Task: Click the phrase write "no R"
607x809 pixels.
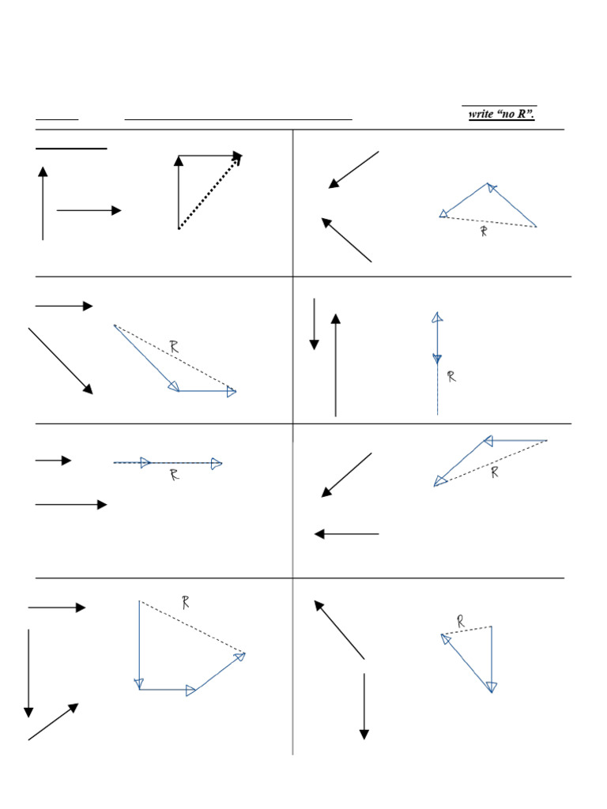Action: [x=501, y=115]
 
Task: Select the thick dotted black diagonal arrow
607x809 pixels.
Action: [x=209, y=192]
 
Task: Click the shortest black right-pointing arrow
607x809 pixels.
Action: [x=53, y=461]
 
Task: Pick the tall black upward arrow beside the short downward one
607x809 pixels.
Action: [x=336, y=365]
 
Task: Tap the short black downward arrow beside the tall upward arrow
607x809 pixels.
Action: [x=315, y=324]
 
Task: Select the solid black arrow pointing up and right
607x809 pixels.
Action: [x=53, y=722]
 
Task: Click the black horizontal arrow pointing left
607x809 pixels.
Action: [x=347, y=534]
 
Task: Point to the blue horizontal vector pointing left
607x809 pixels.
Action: [x=515, y=440]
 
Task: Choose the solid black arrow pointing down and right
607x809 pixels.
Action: [x=61, y=361]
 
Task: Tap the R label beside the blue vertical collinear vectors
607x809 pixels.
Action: [x=451, y=378]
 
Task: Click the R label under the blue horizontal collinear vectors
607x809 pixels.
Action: [x=174, y=476]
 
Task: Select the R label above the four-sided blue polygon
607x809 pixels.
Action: [x=186, y=603]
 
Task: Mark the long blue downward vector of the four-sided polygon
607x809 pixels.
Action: [x=140, y=645]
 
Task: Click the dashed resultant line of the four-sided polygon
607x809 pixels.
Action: [x=192, y=627]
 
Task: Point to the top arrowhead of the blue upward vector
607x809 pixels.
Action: [x=437, y=317]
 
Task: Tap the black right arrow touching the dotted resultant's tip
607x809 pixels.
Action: [x=210, y=156]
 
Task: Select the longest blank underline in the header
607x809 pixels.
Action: [x=238, y=119]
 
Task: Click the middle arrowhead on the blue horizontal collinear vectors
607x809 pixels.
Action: [x=145, y=463]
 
